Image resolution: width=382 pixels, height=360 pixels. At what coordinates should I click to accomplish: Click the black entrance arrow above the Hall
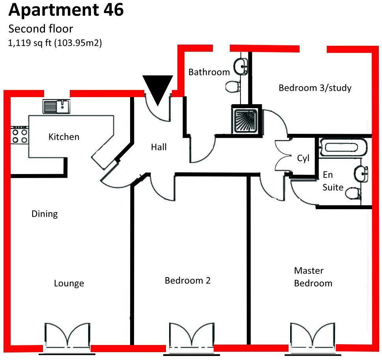click(x=158, y=88)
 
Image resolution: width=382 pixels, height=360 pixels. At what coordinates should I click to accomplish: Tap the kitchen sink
click(x=56, y=106)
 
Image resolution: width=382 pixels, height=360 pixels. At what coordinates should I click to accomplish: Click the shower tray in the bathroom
click(x=246, y=121)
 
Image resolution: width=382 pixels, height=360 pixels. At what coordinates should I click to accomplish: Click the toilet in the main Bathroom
click(x=233, y=86)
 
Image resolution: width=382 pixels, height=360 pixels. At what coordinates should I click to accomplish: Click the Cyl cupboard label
click(x=303, y=158)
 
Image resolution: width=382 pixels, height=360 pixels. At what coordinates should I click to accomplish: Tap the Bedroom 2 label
click(x=188, y=281)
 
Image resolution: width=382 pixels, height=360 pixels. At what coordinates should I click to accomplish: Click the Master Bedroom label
click(x=313, y=277)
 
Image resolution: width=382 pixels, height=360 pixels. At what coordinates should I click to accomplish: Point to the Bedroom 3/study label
click(x=315, y=88)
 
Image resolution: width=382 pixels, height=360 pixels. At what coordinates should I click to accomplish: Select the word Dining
click(x=45, y=214)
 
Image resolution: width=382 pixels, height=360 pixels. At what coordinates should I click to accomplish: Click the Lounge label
click(x=69, y=283)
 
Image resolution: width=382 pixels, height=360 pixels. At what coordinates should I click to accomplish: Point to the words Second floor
click(x=41, y=29)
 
